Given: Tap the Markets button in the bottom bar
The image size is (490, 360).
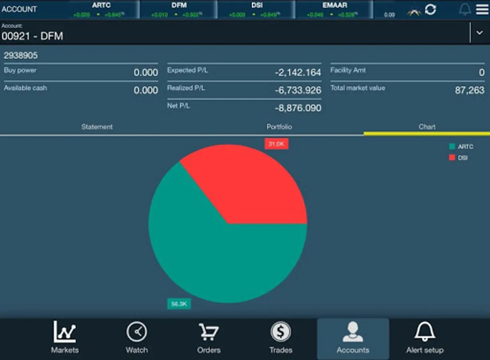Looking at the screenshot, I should [65, 338].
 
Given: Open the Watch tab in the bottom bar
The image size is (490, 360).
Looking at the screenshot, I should [137, 338].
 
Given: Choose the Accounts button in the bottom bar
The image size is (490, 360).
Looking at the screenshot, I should [353, 338].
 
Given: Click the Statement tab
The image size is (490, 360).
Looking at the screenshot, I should [97, 127].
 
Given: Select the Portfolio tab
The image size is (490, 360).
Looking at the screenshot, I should [279, 127].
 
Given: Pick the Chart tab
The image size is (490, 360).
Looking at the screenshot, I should [427, 127].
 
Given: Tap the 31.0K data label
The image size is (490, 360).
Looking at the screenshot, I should [276, 144].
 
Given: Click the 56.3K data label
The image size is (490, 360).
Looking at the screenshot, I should [179, 304].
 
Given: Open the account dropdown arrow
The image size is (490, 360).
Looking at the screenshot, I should [480, 33].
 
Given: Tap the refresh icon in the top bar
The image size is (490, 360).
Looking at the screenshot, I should [430, 9].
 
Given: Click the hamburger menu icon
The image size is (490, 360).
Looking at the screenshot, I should [482, 9].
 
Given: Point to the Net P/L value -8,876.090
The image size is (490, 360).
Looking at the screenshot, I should [298, 108].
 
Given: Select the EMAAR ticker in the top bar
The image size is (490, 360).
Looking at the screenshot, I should [335, 9].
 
